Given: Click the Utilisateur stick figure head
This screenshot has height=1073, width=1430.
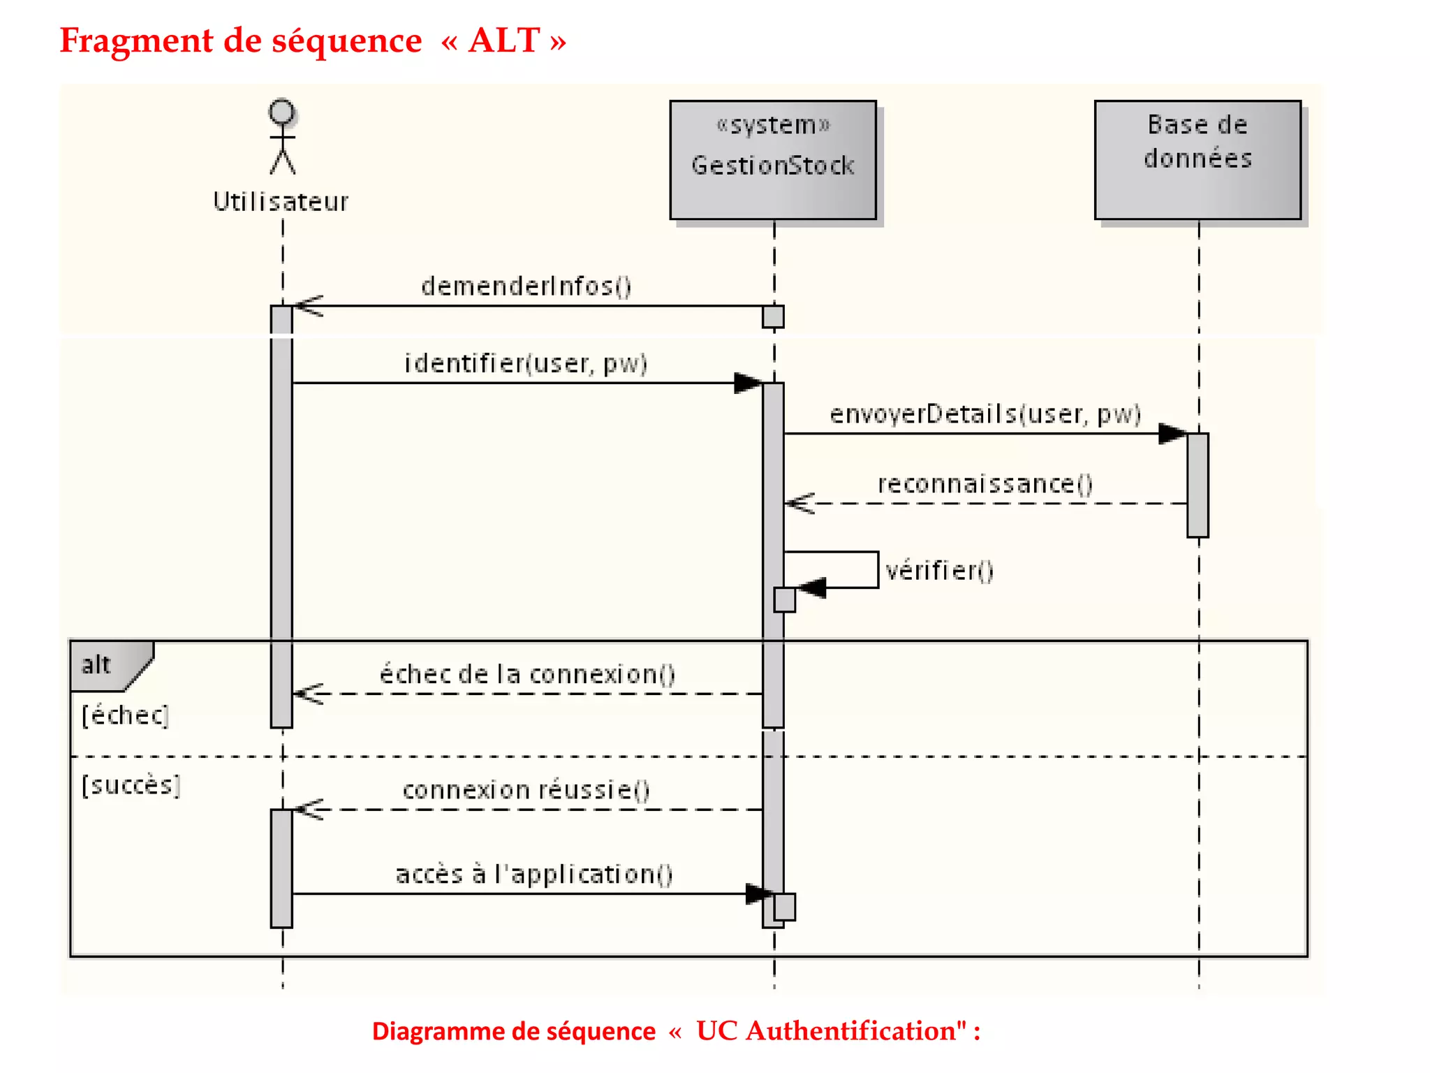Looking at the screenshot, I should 282,112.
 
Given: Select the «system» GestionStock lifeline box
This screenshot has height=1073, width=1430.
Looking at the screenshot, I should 773,160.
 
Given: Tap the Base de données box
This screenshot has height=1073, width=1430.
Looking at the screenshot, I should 1197,160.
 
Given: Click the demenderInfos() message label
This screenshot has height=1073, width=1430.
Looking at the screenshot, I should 526,286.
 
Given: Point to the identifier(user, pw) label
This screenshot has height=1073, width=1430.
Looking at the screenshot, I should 526,364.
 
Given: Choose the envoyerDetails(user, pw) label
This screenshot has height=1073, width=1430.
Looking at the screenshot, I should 985,414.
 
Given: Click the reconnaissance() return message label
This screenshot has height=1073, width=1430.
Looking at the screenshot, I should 985,484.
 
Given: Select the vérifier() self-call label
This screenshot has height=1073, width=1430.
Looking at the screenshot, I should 939,571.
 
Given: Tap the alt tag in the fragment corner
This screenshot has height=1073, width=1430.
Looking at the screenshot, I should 97,664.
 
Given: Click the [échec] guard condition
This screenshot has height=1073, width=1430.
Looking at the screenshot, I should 125,715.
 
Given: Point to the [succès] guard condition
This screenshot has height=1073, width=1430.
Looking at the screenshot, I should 131,785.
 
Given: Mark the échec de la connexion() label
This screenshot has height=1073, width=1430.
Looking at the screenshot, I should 527,675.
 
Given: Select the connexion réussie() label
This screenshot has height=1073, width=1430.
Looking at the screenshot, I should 526,790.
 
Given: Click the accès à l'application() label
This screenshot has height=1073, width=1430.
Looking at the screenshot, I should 534,875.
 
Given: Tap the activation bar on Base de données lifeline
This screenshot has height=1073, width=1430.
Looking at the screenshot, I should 1197,485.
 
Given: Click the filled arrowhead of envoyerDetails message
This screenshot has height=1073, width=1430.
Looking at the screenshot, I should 1172,434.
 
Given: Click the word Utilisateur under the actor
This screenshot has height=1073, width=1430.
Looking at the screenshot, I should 281,202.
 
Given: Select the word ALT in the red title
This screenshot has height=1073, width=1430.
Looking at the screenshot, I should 504,41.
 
